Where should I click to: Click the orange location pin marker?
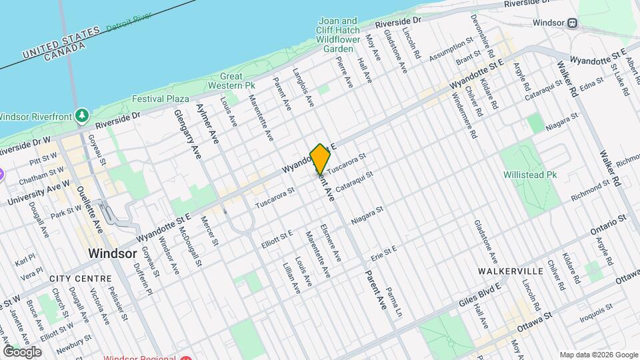[320, 159]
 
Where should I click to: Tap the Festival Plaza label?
[161, 99]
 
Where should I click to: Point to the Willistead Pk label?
[531, 175]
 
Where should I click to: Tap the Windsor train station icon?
[572, 23]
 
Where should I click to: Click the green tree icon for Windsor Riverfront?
[82, 115]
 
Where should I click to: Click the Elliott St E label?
[277, 239]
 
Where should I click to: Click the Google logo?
[22, 351]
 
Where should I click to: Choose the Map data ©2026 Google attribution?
[598, 355]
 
